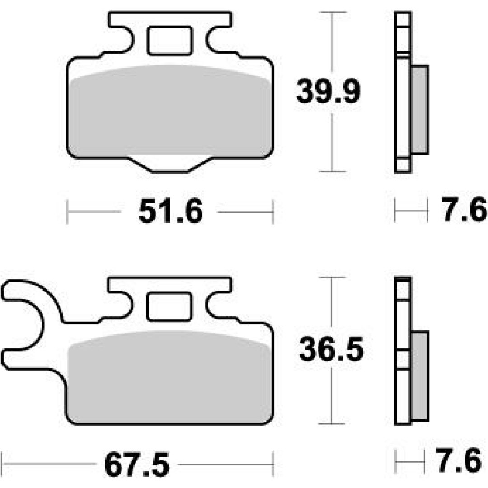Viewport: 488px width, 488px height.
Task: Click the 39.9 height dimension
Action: coord(328,91)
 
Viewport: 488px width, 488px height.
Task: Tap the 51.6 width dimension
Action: coord(170,211)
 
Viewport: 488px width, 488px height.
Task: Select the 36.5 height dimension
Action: coord(331,349)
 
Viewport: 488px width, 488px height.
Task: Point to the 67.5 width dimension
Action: coord(137,465)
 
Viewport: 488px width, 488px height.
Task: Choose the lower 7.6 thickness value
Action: coord(460,460)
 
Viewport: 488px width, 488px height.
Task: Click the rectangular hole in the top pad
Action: coord(169,41)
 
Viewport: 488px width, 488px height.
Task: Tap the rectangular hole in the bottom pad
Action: coord(169,306)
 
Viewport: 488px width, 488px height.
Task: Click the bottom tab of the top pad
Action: coord(170,164)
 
